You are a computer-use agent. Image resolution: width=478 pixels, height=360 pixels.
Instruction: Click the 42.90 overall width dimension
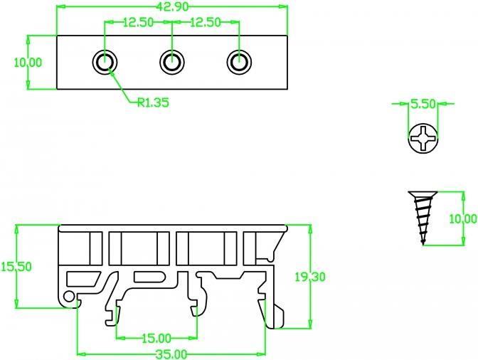tap(173, 6)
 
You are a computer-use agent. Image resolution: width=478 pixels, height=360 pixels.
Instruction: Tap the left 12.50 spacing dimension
tap(138, 22)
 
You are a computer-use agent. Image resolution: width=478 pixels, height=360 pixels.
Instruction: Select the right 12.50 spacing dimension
tap(206, 22)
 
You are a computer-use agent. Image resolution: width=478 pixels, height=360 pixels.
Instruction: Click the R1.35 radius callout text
tap(153, 102)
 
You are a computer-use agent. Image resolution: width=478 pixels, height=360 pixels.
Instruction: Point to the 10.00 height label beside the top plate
tap(28, 63)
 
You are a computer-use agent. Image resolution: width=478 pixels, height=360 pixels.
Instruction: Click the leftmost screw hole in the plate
tap(105, 62)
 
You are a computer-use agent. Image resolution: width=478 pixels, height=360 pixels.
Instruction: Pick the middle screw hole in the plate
tap(172, 62)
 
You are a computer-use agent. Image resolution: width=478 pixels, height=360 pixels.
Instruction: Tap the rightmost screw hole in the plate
tap(239, 62)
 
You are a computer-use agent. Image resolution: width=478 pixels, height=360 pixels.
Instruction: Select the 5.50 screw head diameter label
tap(423, 104)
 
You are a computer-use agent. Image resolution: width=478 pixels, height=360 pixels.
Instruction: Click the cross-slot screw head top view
tap(423, 138)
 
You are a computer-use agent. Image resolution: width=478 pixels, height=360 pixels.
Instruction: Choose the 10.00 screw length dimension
tap(463, 219)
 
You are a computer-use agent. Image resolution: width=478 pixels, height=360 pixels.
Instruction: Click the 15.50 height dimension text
tap(16, 267)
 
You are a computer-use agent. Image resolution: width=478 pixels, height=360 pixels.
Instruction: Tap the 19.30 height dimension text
tap(310, 277)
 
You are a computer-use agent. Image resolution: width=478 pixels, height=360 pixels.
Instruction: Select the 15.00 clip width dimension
tap(156, 338)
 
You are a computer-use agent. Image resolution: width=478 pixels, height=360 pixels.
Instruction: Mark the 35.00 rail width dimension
tap(171, 354)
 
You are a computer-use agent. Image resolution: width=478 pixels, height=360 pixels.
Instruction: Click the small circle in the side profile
tap(69, 296)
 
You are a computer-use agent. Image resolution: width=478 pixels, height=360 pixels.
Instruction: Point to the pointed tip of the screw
tap(423, 244)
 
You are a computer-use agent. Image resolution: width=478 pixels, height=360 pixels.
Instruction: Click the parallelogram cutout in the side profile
tap(83, 279)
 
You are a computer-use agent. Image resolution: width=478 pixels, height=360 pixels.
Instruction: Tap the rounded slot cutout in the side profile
tap(150, 277)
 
